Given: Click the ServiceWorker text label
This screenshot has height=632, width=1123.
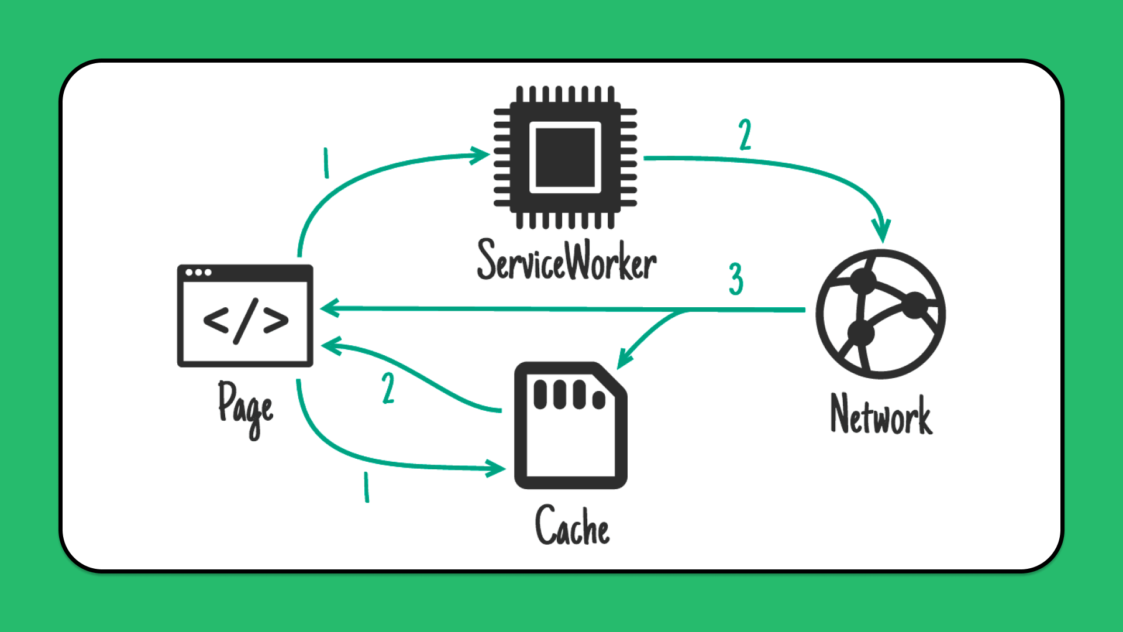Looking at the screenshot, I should click(566, 261).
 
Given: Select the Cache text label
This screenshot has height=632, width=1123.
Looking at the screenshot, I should click(572, 526).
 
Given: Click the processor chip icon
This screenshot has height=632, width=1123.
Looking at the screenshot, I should click(565, 157).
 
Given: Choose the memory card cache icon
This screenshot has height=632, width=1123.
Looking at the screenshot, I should click(570, 425).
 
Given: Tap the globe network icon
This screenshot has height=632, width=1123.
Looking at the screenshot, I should click(880, 314).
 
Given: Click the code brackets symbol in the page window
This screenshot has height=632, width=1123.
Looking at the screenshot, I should click(246, 321).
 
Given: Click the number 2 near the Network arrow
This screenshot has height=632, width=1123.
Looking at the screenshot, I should click(745, 135).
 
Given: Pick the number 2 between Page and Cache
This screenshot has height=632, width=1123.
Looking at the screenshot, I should click(388, 388).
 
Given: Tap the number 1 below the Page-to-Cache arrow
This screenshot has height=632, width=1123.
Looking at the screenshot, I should click(366, 487).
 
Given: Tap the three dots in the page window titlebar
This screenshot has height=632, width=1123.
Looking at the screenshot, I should click(198, 273).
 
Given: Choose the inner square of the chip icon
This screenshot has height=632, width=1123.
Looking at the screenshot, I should click(565, 157).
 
